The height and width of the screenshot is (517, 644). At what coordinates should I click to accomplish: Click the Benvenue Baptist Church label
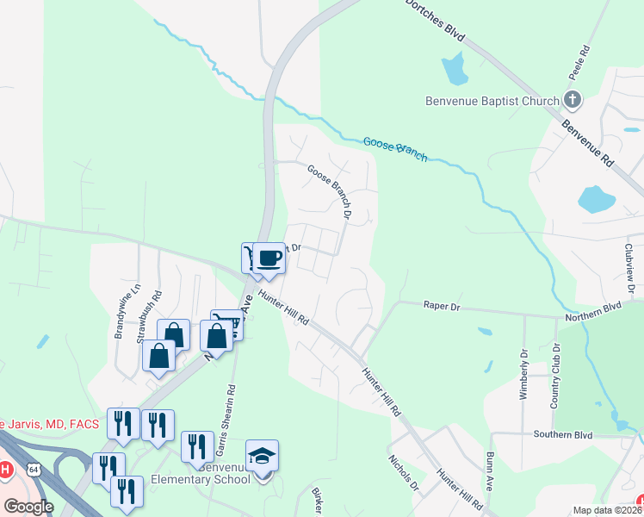(x=492, y=101)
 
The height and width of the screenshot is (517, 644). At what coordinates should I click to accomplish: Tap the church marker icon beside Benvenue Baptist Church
(x=573, y=100)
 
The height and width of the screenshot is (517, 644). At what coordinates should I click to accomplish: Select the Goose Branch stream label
(x=395, y=148)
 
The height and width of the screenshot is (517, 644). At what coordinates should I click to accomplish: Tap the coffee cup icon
(x=269, y=258)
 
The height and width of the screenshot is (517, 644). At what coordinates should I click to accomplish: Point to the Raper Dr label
(x=442, y=305)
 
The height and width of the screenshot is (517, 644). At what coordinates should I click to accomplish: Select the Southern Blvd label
(x=563, y=435)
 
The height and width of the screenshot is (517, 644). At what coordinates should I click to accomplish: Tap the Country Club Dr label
(x=556, y=377)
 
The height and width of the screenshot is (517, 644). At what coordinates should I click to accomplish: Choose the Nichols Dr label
(x=403, y=473)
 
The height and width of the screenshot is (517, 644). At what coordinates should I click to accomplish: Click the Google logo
(x=28, y=506)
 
